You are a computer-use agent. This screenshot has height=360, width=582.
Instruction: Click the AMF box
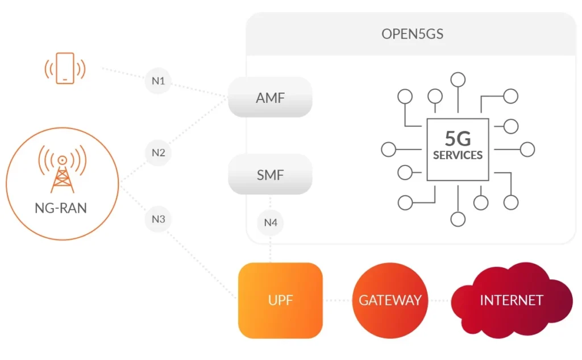[270, 97]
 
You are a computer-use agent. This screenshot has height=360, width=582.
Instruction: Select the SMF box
[270, 175]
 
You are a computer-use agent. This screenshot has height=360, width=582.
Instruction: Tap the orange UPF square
[280, 300]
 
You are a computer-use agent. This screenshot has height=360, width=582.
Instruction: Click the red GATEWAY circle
[390, 300]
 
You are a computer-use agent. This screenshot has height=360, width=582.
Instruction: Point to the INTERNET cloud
[511, 300]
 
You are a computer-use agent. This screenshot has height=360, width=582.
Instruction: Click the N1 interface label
[158, 81]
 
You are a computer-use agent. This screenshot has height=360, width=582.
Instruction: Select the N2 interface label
[158, 152]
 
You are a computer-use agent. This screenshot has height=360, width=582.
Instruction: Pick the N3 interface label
[158, 219]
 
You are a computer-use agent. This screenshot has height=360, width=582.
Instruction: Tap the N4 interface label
[271, 222]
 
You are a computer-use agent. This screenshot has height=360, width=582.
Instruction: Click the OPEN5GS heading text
[412, 34]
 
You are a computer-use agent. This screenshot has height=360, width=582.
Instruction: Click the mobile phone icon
[65, 68]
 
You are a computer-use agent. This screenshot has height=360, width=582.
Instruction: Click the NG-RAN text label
[61, 208]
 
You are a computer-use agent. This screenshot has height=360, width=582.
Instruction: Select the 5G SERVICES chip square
[458, 150]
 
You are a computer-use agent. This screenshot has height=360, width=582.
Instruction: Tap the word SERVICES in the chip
[458, 155]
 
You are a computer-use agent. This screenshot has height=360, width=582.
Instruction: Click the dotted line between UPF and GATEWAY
[338, 300]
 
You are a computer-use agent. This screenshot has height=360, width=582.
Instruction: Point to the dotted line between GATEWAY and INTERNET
[442, 300]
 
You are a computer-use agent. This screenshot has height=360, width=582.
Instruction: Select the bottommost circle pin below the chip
[458, 218]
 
